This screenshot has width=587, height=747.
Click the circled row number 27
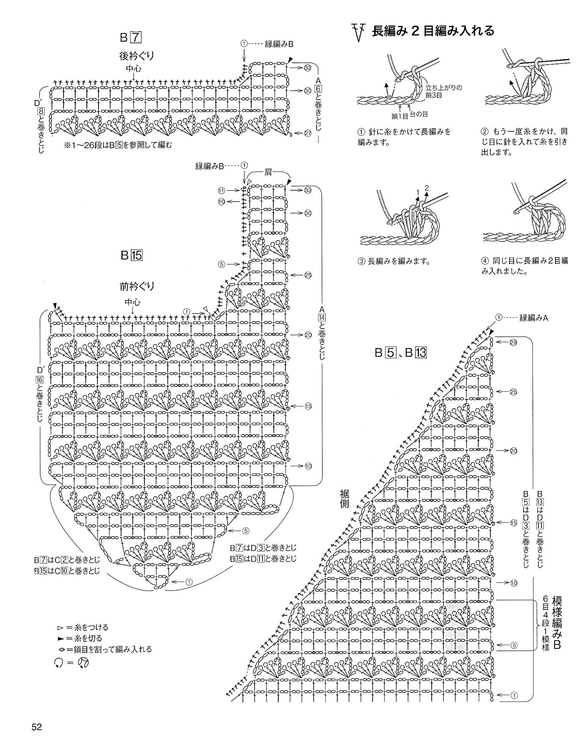point(308,133)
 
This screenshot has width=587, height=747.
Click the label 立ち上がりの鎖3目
point(443,92)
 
